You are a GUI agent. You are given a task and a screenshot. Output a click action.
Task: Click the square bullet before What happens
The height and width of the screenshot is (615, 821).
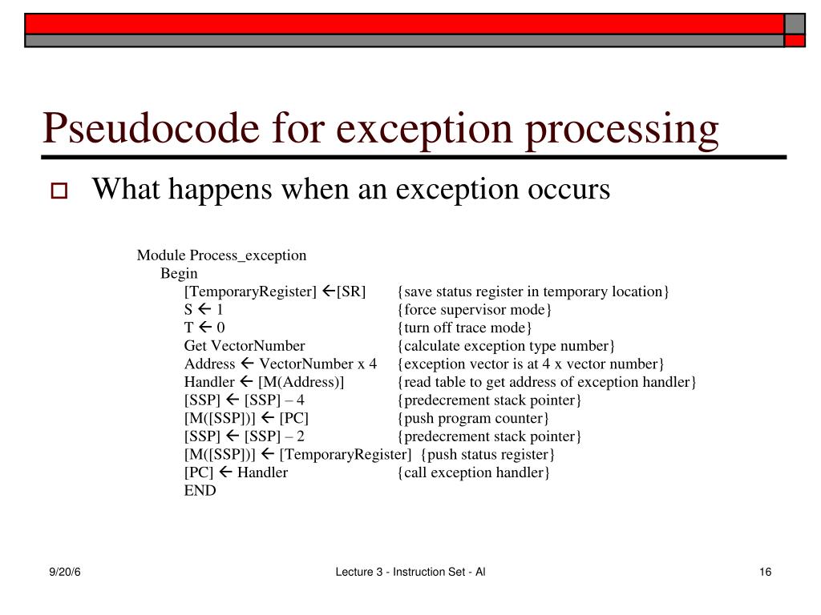coord(59,192)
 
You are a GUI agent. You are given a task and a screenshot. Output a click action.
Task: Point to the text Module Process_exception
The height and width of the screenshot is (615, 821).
coord(221,255)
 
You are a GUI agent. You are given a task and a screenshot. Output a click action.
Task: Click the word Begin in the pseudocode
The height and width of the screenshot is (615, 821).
coord(179,274)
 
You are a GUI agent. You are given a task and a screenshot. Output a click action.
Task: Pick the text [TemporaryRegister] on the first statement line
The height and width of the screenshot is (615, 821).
coord(250,291)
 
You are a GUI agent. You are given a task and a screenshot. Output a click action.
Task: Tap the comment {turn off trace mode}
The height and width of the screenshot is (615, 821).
coord(464,328)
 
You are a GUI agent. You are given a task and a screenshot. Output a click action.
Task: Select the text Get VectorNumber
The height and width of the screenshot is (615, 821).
coord(245,346)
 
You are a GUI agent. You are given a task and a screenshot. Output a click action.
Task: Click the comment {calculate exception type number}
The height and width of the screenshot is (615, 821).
coord(506,346)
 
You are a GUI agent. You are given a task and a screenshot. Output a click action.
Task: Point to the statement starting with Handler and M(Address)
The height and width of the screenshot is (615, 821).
coord(264,382)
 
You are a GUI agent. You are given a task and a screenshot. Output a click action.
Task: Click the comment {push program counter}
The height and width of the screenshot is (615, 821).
coord(473,418)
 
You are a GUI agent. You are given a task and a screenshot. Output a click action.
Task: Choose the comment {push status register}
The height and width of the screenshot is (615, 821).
coord(487,454)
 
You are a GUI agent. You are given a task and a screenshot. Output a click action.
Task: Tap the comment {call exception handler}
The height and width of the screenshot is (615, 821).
coord(473,472)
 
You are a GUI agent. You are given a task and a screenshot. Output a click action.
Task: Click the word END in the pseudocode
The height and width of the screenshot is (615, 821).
coord(200,491)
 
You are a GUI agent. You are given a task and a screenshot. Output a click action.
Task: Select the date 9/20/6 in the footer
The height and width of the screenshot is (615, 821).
coord(63,572)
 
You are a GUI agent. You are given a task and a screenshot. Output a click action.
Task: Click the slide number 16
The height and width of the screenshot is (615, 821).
coord(764,572)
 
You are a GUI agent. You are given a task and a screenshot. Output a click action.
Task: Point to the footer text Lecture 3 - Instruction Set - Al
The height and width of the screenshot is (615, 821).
coord(410,572)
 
